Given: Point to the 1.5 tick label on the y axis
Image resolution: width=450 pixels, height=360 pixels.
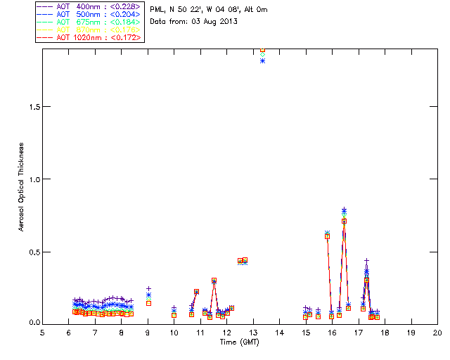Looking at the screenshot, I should [32, 106].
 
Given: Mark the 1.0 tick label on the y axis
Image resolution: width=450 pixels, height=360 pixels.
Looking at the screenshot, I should [32, 179].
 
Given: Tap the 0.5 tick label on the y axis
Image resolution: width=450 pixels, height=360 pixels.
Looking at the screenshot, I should [32, 252].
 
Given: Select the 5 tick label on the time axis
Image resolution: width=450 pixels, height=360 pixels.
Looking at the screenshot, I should [42, 332].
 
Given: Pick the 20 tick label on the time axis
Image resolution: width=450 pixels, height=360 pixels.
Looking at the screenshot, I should [437, 332].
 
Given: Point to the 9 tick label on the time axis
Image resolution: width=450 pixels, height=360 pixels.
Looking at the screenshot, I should [148, 332].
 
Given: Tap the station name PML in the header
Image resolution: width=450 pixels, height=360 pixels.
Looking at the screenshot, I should [157, 9].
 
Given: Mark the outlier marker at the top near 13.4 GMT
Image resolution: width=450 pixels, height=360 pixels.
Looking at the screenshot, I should [262, 51].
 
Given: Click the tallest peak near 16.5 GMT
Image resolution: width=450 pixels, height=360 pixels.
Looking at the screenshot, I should [344, 210].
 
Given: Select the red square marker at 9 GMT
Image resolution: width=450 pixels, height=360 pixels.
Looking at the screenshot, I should [148, 303].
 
